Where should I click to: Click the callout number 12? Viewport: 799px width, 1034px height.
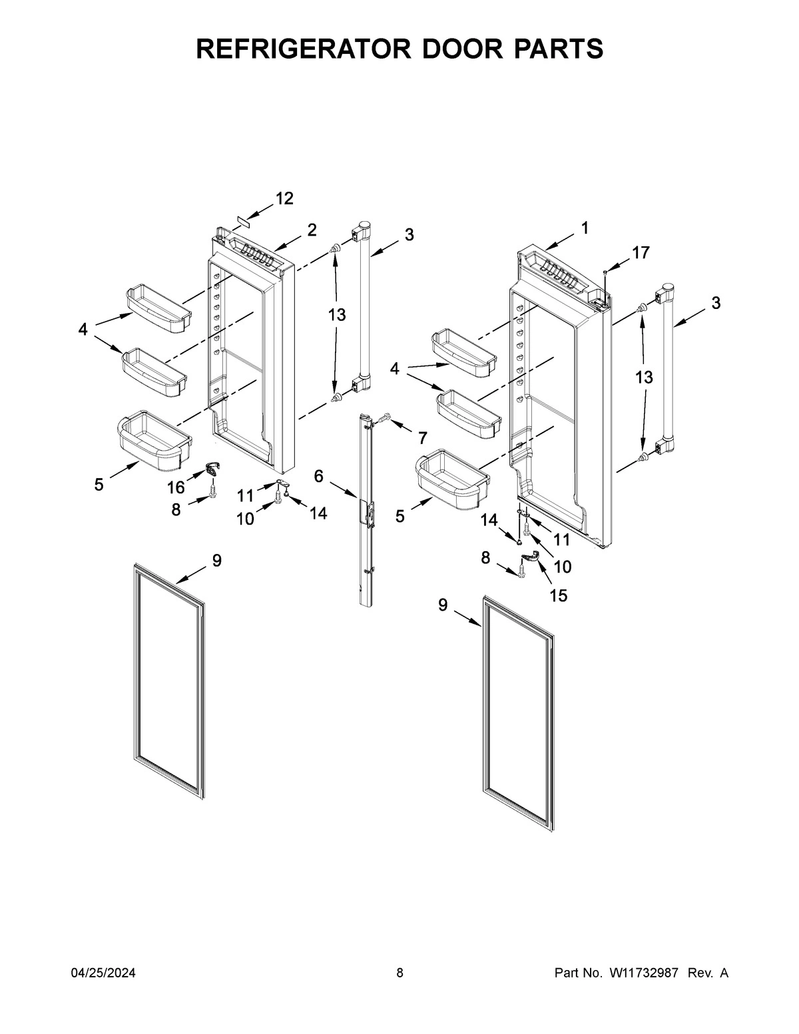coord(284,198)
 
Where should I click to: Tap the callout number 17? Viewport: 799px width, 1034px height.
coord(641,252)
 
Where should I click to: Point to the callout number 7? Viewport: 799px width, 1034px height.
coord(422,437)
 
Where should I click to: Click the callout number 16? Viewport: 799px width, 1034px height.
coord(176,489)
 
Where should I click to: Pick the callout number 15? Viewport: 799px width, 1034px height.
coord(558,595)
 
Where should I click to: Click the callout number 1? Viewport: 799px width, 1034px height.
coord(584,228)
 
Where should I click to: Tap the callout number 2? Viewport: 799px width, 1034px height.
coord(312,230)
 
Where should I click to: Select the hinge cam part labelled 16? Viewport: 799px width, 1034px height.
coord(212,469)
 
